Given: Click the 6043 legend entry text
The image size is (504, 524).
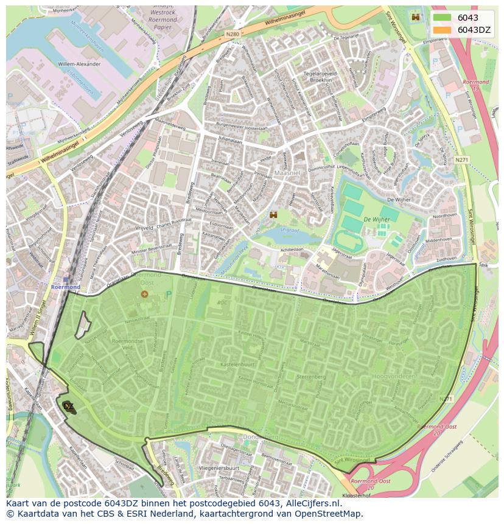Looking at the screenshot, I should point(467,18).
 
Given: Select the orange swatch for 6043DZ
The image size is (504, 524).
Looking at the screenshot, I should point(443,30).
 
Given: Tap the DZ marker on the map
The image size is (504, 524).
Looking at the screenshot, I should point(68,406).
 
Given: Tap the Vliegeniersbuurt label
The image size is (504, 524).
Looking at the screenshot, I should point(217,469).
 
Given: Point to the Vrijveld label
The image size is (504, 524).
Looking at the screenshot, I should point(144,227).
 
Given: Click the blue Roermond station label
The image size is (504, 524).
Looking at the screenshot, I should point(65,287).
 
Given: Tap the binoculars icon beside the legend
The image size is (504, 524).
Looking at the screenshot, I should point(416,17).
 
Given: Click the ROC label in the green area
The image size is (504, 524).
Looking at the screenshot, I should point(223,302).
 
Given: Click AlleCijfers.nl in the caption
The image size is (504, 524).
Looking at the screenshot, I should point(313,503).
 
